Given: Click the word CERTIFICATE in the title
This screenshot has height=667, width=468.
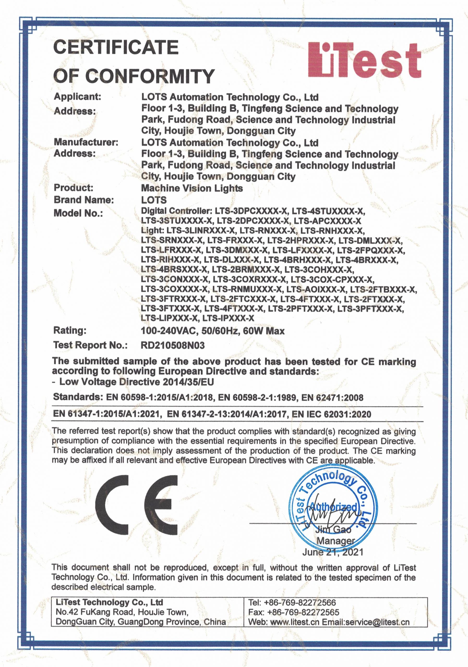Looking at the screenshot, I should tap(116, 47).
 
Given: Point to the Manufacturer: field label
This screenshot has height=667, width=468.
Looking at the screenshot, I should tap(86, 142).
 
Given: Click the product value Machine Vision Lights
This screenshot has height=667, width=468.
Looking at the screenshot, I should tap(192, 188).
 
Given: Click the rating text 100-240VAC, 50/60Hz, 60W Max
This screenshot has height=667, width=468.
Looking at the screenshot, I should tap(213, 331).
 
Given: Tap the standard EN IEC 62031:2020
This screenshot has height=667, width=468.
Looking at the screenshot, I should tap(332, 414).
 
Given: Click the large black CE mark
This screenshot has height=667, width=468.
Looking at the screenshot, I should tap(137, 505).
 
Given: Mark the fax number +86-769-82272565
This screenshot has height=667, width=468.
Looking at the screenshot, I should tap(303, 612).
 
